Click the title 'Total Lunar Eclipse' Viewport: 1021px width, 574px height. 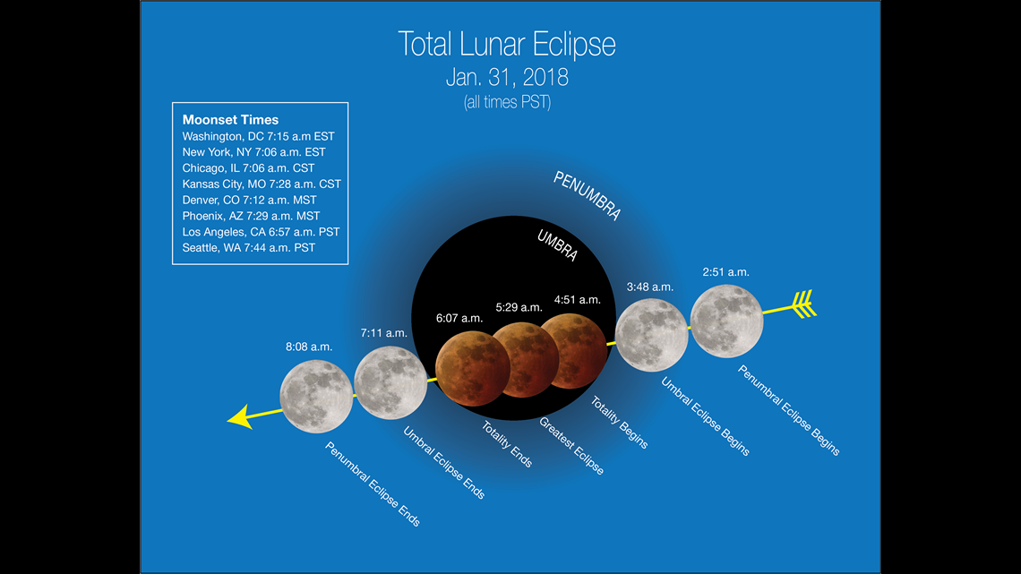coord(507,44)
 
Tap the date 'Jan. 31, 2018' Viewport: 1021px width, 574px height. coord(507,77)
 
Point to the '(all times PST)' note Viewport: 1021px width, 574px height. coord(507,102)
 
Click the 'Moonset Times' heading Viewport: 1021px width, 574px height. coord(230,120)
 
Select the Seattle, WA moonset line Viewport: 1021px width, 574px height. coord(249,248)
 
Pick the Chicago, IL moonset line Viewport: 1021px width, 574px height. coord(248,168)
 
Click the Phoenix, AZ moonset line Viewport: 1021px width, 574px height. coord(252,216)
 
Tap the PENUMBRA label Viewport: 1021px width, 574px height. coord(587,195)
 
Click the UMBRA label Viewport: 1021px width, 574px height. coord(557,245)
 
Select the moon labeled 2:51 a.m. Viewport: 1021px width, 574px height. coord(726,321)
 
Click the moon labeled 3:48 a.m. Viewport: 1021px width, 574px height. coord(651,335)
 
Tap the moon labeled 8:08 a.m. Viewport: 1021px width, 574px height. coord(316,397)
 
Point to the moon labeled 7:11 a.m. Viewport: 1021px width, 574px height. coord(390,382)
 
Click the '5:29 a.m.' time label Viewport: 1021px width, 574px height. coord(519,307)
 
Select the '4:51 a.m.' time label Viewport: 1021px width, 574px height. coord(578,300)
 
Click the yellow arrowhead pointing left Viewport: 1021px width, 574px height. coord(241,417)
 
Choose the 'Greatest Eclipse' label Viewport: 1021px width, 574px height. coord(571,446)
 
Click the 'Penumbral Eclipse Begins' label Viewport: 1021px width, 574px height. coord(788,410)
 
